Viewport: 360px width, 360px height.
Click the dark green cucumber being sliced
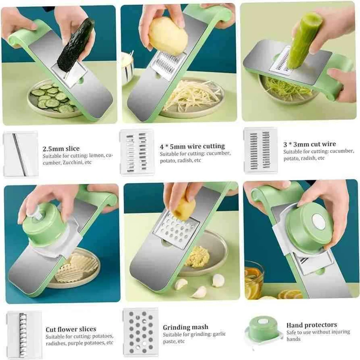pos(75,45)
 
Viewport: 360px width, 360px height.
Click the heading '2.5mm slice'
pos(61,148)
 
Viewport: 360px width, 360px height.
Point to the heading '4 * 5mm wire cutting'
pos(192,146)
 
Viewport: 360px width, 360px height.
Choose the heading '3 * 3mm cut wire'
pos(310,144)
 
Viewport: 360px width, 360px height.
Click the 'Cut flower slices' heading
pos(71,329)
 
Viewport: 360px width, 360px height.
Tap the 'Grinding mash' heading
pos(185,327)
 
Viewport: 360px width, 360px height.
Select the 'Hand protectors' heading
pos(311,325)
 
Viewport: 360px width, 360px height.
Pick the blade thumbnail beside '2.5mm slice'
pos(20,154)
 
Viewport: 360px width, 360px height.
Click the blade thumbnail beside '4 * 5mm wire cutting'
pos(137,152)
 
